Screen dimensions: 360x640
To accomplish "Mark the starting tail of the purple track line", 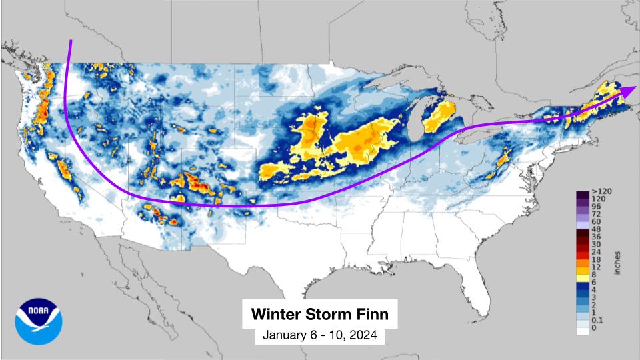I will pos(70,42).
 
